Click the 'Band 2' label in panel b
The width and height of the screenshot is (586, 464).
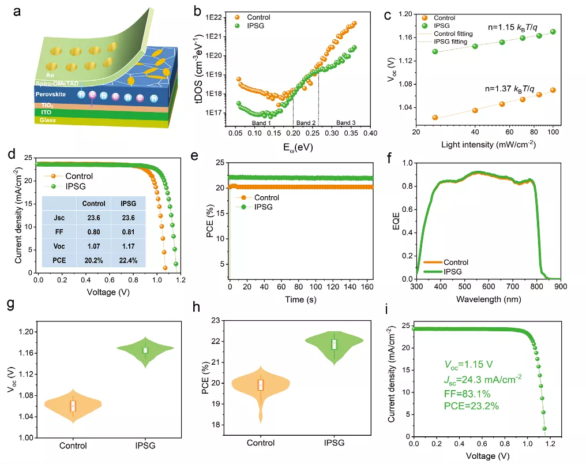[306, 123]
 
